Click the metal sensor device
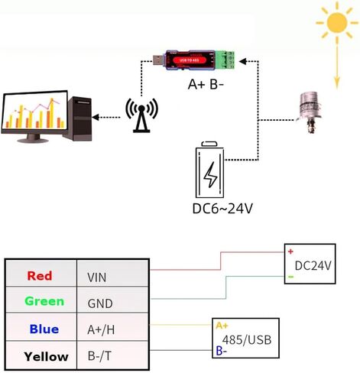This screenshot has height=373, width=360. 310,114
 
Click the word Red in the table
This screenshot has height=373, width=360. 39,276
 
